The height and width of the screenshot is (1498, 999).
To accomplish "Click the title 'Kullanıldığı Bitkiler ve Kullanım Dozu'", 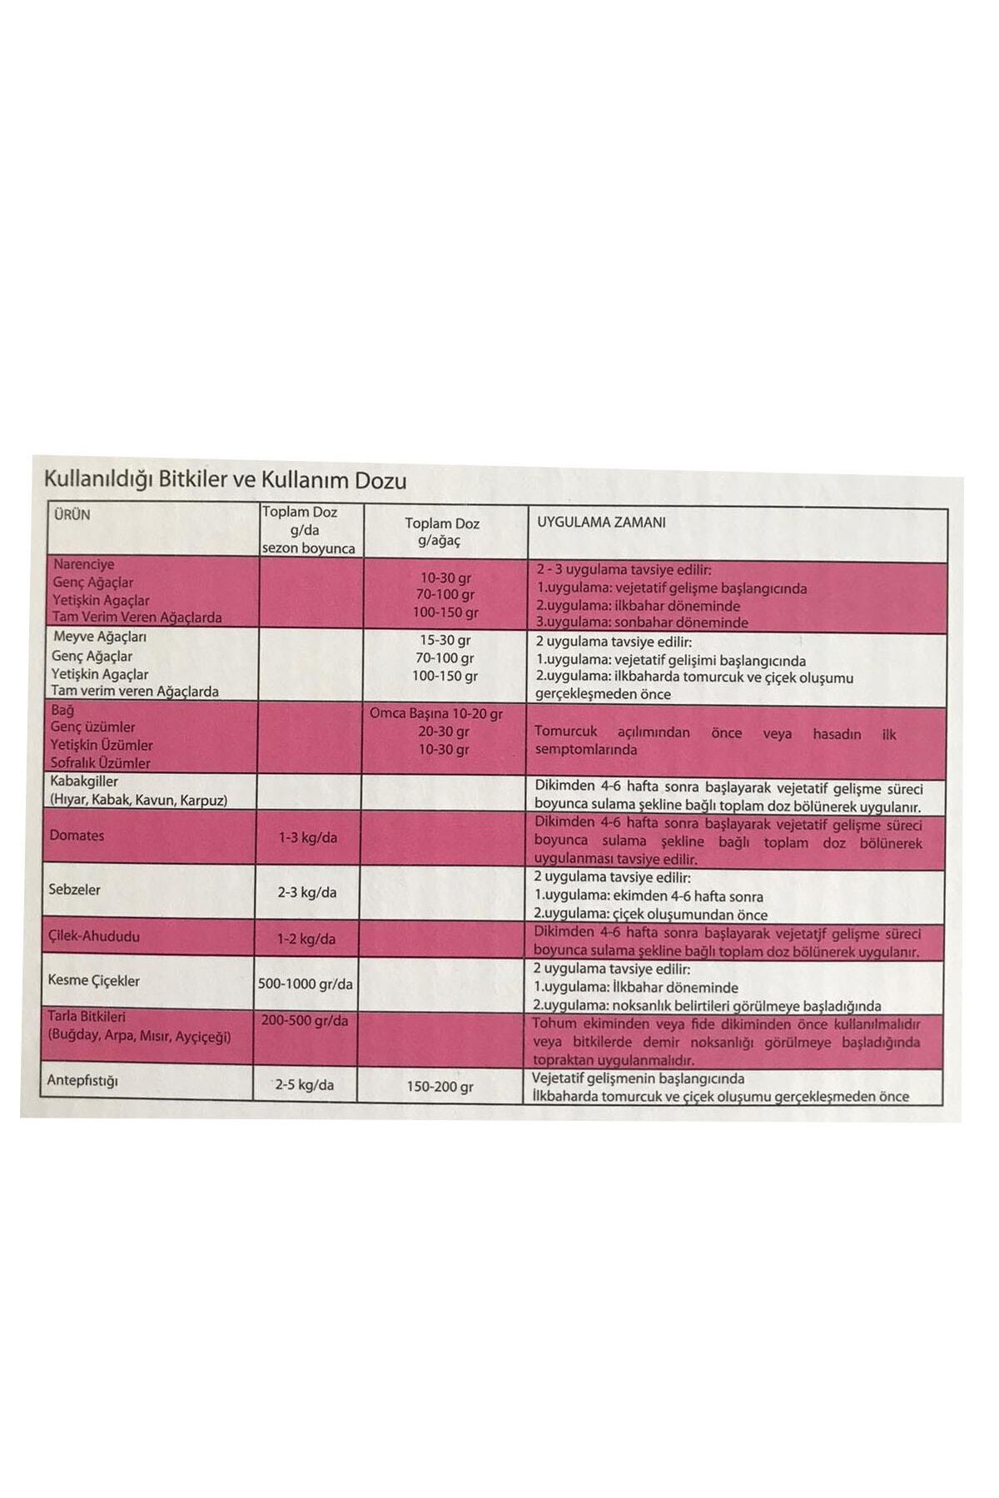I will [x=225, y=480].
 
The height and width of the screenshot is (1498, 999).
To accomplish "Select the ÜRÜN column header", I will [x=72, y=514].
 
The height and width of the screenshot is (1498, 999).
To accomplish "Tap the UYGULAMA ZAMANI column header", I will [x=601, y=523].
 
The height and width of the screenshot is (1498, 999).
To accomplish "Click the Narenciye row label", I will [x=83, y=564].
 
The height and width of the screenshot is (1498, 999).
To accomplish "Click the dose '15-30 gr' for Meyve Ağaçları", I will [x=445, y=640].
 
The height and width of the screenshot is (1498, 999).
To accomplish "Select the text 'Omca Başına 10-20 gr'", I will [x=435, y=713].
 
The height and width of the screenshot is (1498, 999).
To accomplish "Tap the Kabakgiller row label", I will [x=83, y=781].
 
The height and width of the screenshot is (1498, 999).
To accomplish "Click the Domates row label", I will [x=77, y=836].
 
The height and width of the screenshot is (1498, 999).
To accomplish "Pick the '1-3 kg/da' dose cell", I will [x=307, y=837].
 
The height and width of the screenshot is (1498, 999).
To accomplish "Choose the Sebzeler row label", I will [x=74, y=890].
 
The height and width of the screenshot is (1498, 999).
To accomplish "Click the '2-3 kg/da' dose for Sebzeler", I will [x=307, y=892].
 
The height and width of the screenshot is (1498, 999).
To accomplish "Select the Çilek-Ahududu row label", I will [x=94, y=936].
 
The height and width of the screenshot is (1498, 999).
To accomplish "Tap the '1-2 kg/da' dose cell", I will [x=306, y=939].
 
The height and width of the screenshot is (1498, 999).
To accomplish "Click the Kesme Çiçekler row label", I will [x=93, y=980].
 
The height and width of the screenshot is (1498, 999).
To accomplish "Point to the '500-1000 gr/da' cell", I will [x=305, y=984].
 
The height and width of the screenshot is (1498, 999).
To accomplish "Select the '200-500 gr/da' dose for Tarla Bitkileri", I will [x=305, y=1020].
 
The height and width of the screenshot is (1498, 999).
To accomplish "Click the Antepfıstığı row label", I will [x=82, y=1081].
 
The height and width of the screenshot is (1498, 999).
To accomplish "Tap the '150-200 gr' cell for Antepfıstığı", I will [x=440, y=1087].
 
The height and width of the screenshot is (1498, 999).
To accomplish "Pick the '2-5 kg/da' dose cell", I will [x=305, y=1084].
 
